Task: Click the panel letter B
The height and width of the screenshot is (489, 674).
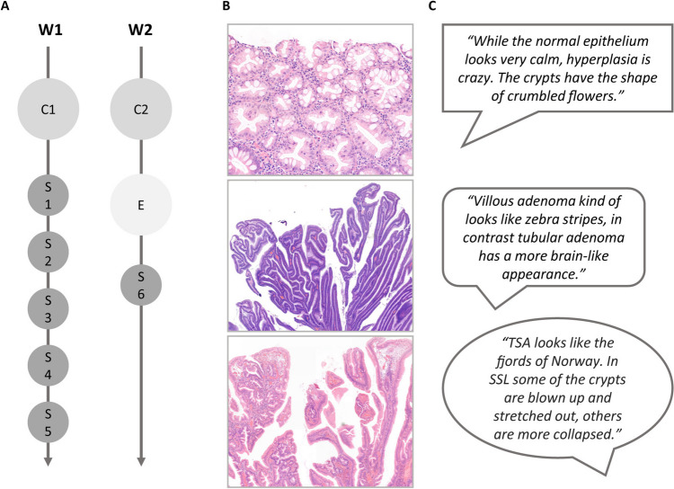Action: (x=226, y=8)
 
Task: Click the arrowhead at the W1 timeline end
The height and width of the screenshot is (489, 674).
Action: (x=49, y=461)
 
